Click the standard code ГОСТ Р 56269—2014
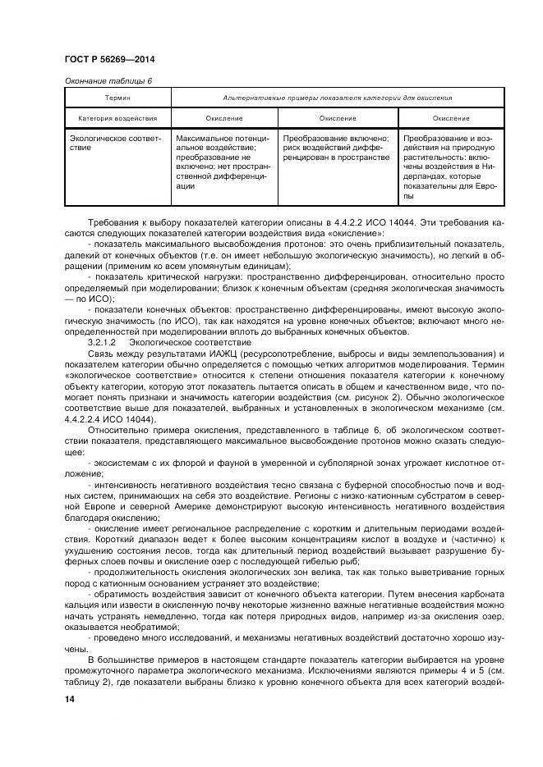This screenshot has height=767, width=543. coord(109,60)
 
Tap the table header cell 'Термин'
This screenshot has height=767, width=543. coord(117,98)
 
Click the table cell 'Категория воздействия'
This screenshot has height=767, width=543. coord(117,118)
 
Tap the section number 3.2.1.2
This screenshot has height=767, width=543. coord(103,340)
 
